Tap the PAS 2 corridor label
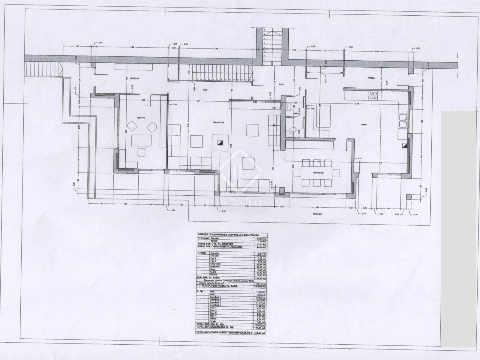(x=281, y=85)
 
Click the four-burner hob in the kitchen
(x=373, y=95)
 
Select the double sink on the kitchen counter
(x=403, y=121)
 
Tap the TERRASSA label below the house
(x=317, y=214)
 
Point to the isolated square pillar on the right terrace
(x=408, y=197)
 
